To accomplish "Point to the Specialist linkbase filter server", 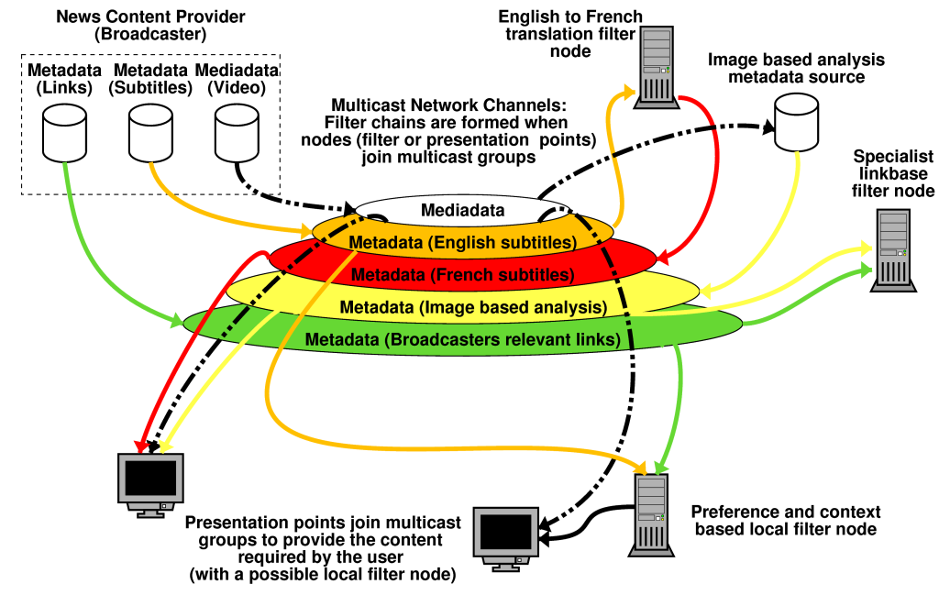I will (x=889, y=249).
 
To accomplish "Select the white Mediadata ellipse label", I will (x=463, y=210).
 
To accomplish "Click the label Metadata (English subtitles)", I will (x=462, y=243).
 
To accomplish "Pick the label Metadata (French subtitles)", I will (x=462, y=274).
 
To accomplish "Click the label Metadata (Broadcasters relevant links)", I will (x=462, y=339).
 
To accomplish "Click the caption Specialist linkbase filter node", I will (x=893, y=174).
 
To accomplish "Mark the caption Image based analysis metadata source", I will (x=796, y=68).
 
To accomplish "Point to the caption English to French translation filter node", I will (x=570, y=34).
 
